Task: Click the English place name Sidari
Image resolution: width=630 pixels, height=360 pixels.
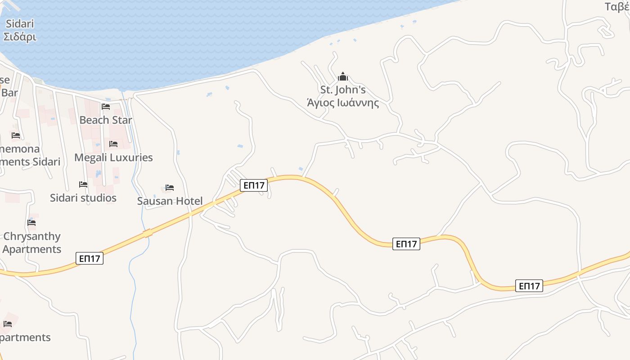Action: [x=20, y=24]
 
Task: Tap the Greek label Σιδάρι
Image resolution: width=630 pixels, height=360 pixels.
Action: [x=20, y=36]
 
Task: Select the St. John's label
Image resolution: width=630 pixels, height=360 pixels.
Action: [x=342, y=89]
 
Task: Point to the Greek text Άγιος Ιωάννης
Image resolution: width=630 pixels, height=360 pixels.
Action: [x=342, y=103]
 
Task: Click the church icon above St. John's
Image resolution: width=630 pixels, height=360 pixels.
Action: [x=343, y=76]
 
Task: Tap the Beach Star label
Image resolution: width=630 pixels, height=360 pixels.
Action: [x=106, y=120]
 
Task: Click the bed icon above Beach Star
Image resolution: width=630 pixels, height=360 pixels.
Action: [x=106, y=107]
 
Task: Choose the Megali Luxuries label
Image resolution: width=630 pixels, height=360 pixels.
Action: [x=113, y=157]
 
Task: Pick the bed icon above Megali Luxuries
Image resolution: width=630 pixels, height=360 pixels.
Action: [x=113, y=144]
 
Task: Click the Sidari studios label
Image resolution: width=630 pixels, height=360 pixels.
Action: [x=83, y=198]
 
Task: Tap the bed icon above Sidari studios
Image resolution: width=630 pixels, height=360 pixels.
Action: [x=83, y=184]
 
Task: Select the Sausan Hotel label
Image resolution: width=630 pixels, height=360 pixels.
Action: [x=170, y=201]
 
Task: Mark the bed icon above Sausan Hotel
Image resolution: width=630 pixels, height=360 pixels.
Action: [x=170, y=188]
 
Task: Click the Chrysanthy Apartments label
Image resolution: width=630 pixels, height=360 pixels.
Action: [x=31, y=243]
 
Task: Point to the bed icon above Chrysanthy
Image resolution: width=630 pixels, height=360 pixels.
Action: [x=31, y=222]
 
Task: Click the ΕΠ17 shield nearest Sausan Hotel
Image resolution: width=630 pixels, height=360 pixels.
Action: [x=254, y=185]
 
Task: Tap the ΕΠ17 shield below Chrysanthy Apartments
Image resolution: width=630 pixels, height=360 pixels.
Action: [x=90, y=258]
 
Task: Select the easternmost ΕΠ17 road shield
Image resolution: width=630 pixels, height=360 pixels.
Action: [x=529, y=286]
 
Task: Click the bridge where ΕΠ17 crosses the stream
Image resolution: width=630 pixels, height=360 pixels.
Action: [x=148, y=233]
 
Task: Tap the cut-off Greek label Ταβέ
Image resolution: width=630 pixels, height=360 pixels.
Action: [x=617, y=7]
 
